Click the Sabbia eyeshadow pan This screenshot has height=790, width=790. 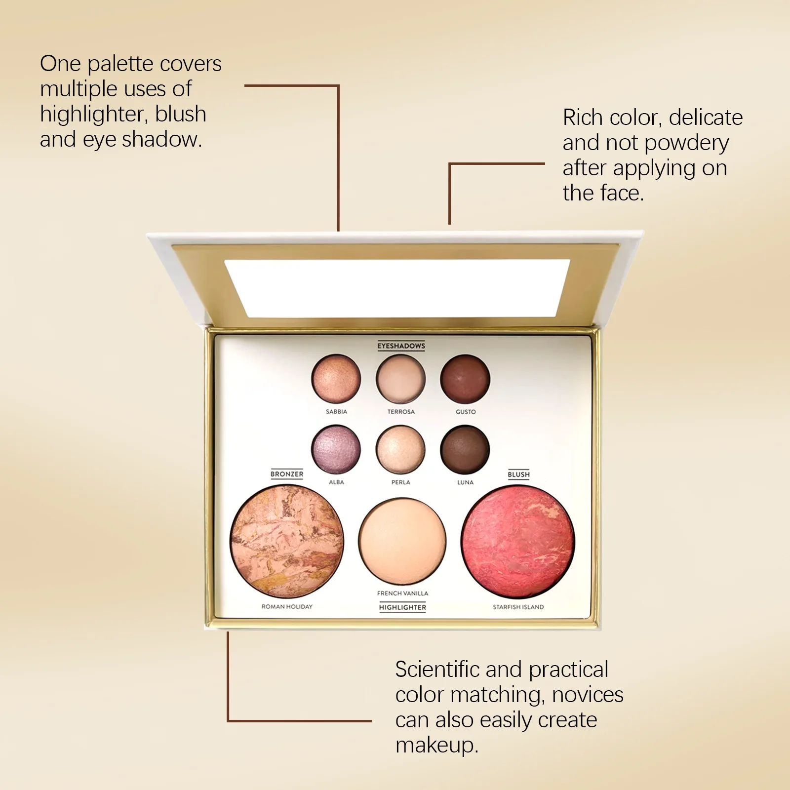click(336, 379)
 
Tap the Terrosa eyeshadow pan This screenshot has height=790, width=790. click(400, 379)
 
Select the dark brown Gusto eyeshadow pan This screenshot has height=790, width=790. click(465, 379)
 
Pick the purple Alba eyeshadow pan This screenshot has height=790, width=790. click(336, 449)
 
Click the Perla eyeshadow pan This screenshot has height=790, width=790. click(400, 449)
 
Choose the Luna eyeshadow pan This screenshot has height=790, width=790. click(465, 449)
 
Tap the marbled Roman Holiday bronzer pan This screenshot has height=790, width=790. click(287, 542)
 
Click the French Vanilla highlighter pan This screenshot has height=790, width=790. click(402, 542)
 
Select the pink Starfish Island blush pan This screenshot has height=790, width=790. click(518, 542)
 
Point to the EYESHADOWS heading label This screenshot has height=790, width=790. click(401, 346)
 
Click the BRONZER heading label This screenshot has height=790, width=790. click(287, 474)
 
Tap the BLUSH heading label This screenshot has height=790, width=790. click(518, 474)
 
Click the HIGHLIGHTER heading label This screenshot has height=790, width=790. click(402, 607)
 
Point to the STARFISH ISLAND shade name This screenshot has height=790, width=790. click(518, 607)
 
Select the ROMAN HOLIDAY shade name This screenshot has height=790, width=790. click(287, 606)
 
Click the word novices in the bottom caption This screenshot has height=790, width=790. click(588, 695)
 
